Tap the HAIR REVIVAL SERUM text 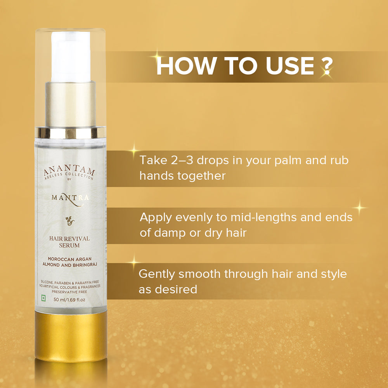tap(69, 242)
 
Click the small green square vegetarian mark tap(43, 300)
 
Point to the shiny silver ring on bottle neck tap(70, 132)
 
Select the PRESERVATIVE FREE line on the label tap(70, 293)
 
